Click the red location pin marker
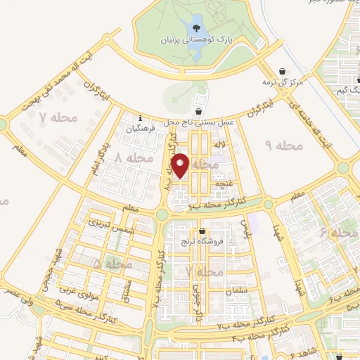[181, 165]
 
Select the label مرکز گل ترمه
[282, 82]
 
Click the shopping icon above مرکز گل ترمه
[282, 71]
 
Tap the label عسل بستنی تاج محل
[200, 122]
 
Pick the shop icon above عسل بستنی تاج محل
[200, 110]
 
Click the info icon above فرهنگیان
[141, 118]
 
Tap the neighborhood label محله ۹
[283, 145]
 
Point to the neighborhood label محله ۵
[112, 264]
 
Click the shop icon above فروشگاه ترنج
[202, 231]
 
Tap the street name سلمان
[237, 290]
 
